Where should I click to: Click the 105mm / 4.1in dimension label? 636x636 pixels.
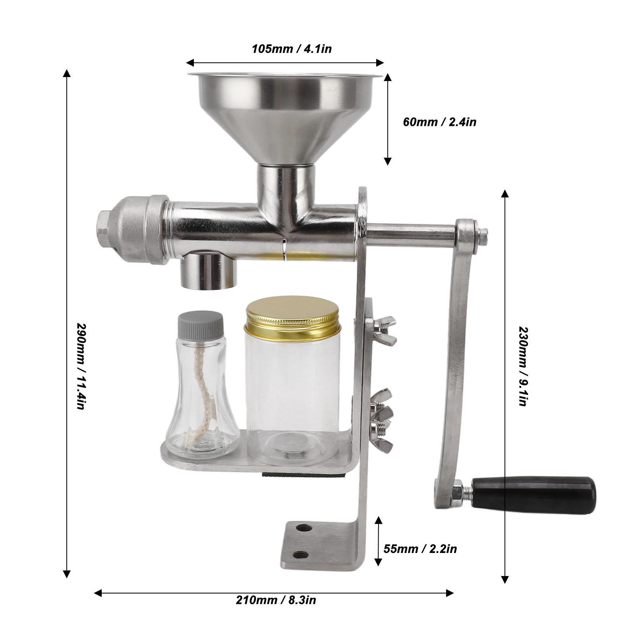pos(292,49)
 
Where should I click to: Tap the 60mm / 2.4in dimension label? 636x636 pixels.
pos(439,122)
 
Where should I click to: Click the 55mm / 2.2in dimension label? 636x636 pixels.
pos(420,549)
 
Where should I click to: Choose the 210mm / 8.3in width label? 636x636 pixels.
pos(276,599)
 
